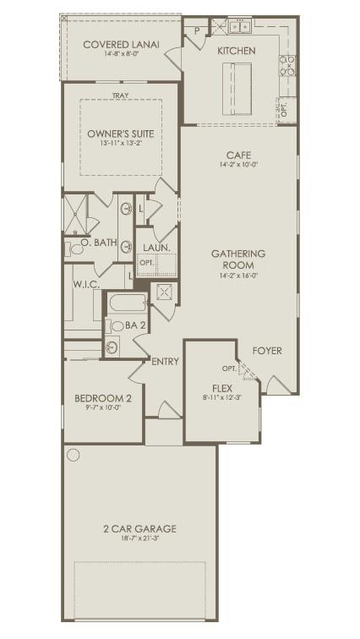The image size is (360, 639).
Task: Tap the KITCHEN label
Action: (x=236, y=52)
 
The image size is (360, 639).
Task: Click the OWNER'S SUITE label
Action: (x=118, y=133)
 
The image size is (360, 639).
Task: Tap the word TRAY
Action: (x=120, y=96)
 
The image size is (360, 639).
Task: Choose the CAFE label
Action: (x=237, y=156)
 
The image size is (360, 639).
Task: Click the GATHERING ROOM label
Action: (x=237, y=259)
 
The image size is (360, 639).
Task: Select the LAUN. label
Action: (x=156, y=248)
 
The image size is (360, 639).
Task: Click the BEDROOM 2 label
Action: (x=103, y=398)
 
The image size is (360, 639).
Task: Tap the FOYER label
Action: (x=267, y=351)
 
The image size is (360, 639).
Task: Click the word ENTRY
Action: (x=166, y=362)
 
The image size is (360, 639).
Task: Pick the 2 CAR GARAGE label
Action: (x=139, y=529)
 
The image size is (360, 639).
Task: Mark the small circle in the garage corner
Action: (x=74, y=456)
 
